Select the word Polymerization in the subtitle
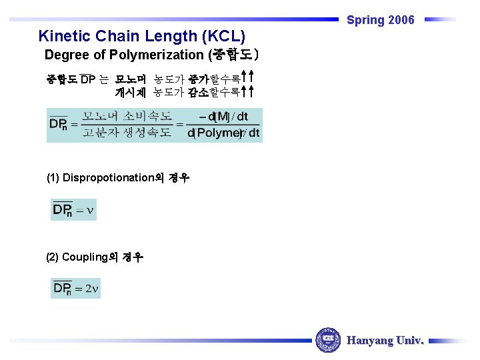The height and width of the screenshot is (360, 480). tap(162, 55)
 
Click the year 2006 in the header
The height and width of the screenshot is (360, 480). tap(401, 20)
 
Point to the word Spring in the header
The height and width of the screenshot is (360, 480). tap(365, 20)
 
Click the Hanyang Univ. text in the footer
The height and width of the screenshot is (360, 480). tap(385, 340)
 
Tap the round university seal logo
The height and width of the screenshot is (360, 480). tap(327, 340)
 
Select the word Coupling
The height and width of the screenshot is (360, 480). tap(85, 257)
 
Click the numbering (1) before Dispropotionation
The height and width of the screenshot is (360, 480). tap(53, 178)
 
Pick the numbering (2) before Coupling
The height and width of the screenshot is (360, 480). tap(53, 257)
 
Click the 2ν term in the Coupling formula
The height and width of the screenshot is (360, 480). tap(92, 289)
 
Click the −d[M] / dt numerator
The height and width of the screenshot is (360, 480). tap(223, 117)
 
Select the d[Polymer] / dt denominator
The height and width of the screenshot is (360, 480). tap(223, 133)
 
